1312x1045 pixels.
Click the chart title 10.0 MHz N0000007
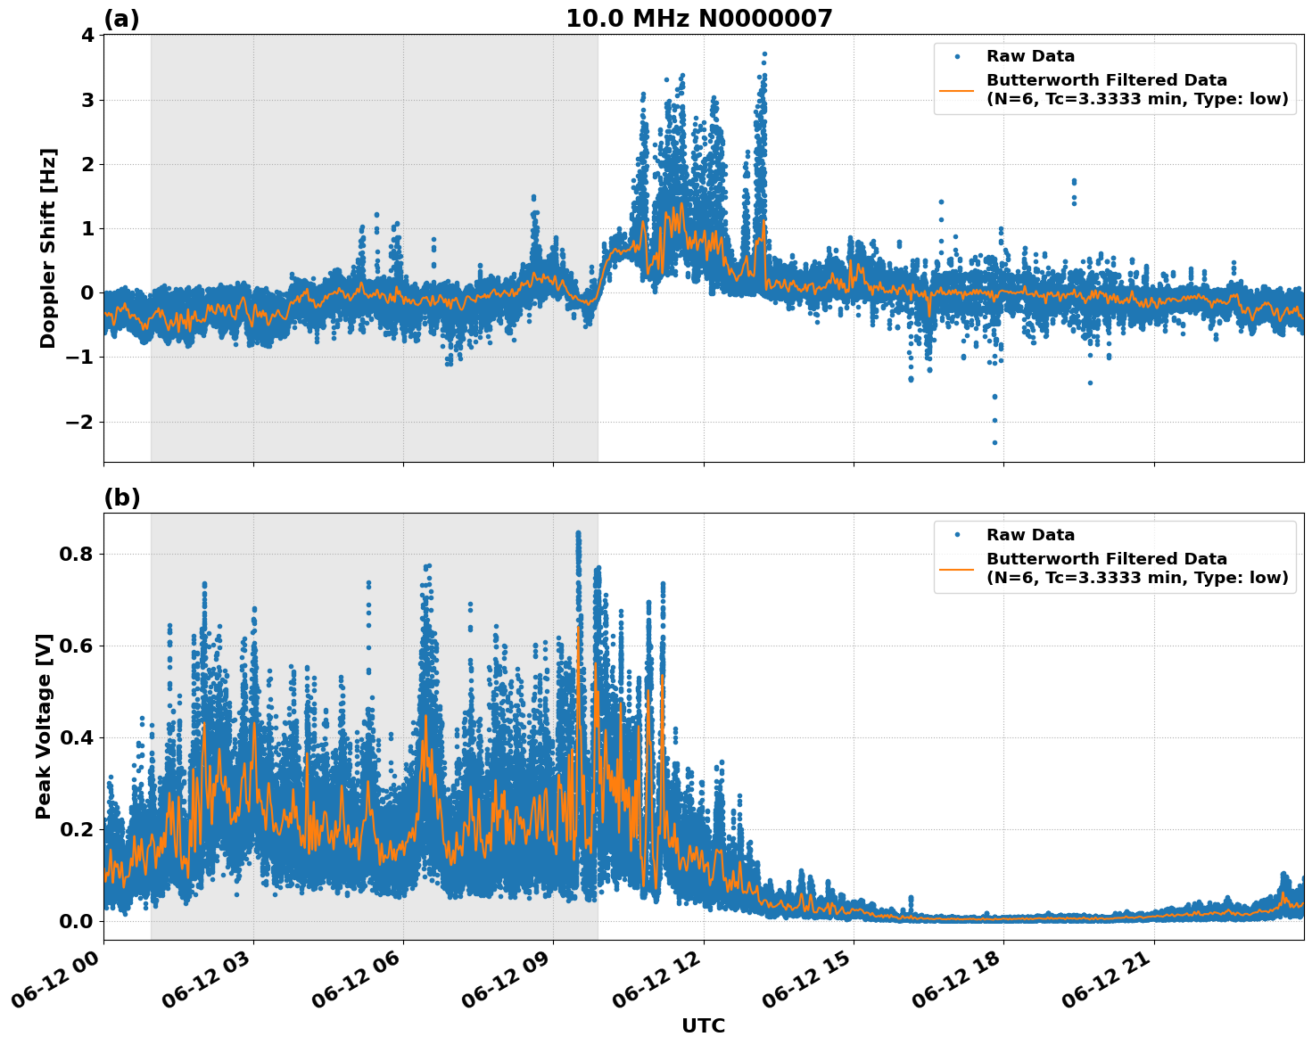point(698,19)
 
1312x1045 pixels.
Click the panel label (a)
point(121,19)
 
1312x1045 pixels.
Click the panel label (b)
point(121,498)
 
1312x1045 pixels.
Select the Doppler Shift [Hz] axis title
point(48,248)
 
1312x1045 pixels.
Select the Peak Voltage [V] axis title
point(44,726)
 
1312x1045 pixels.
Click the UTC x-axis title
point(703,1025)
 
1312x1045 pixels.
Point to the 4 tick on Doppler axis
point(87,35)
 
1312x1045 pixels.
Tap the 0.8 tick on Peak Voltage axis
point(76,554)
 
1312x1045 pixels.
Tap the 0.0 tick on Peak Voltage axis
point(76,921)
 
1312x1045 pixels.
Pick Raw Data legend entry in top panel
point(1030,57)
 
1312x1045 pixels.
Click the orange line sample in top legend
point(957,89)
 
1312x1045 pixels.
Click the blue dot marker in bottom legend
point(957,535)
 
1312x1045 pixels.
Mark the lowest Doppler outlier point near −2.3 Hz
point(994,442)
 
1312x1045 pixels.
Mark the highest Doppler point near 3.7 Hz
point(764,54)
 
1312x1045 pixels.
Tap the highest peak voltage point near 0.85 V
point(578,533)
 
